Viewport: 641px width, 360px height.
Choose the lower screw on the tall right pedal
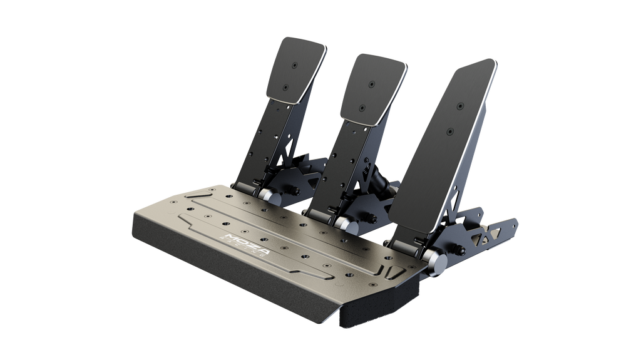click(x=451, y=131)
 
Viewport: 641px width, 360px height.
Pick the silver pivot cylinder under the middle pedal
click(x=342, y=223)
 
